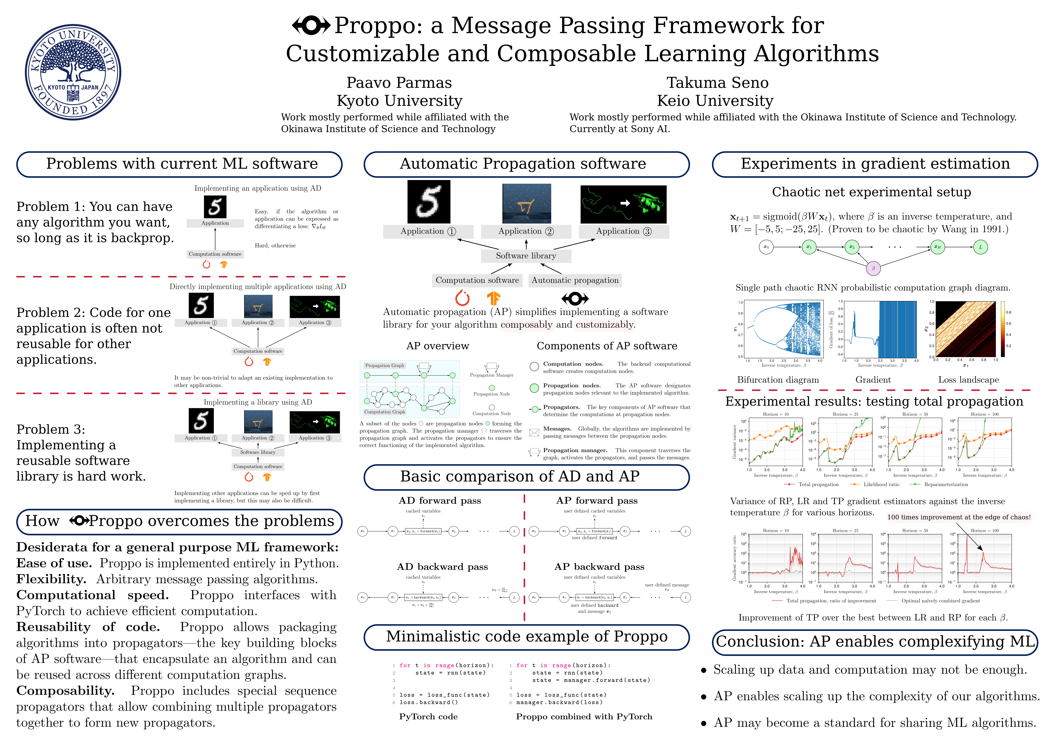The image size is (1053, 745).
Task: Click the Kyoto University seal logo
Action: pyautogui.click(x=73, y=73)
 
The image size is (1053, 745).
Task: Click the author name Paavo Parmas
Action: pyautogui.click(x=399, y=83)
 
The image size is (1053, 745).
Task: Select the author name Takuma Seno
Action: pyautogui.click(x=717, y=83)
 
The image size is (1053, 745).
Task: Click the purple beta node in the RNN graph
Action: pyautogui.click(x=873, y=268)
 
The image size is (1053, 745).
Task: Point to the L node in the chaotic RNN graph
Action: pyautogui.click(x=980, y=247)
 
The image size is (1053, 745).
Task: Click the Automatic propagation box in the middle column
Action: pyautogui.click(x=575, y=280)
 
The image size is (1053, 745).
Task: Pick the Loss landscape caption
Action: pyautogui.click(x=968, y=380)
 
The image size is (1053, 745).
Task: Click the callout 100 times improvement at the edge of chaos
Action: pyautogui.click(x=959, y=517)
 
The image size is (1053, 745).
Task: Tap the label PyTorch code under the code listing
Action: pyautogui.click(x=428, y=717)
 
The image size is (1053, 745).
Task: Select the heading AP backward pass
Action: pyautogui.click(x=599, y=567)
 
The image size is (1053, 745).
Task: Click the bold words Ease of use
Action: pyautogui.click(x=54, y=563)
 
